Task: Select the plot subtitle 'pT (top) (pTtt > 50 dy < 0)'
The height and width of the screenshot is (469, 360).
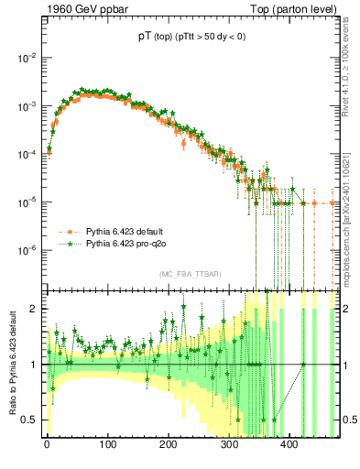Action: [x=191, y=38]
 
